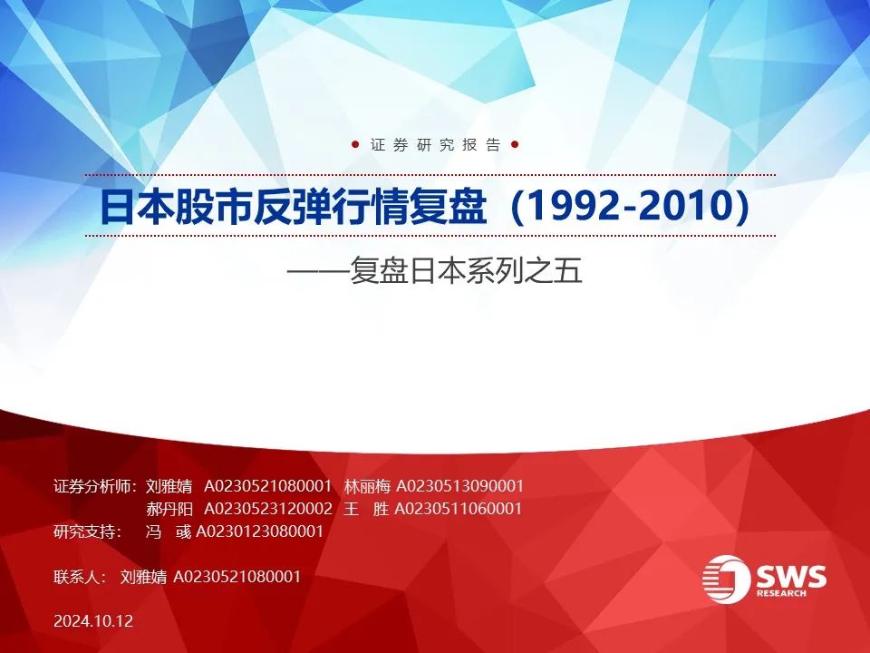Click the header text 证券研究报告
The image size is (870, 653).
click(436, 145)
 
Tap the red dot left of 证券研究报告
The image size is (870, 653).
click(355, 145)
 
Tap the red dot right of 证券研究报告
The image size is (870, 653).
click(515, 145)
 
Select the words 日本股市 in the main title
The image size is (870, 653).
click(177, 207)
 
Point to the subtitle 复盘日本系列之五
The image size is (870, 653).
click(466, 271)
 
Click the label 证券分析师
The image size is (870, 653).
click(93, 486)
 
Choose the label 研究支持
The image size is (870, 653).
click(85, 531)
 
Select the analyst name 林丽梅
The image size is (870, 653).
click(367, 486)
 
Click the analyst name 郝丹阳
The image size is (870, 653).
click(169, 509)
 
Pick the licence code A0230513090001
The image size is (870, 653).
click(460, 486)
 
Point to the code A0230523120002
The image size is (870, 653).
click(268, 509)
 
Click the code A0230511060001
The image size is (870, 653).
click(459, 509)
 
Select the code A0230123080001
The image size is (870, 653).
click(260, 531)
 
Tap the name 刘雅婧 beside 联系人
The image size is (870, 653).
click(143, 577)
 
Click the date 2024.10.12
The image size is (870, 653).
click(93, 620)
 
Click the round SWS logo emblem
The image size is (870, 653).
click(726, 579)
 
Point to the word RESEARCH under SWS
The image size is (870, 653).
click(782, 593)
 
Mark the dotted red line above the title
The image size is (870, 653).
click(430, 175)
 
